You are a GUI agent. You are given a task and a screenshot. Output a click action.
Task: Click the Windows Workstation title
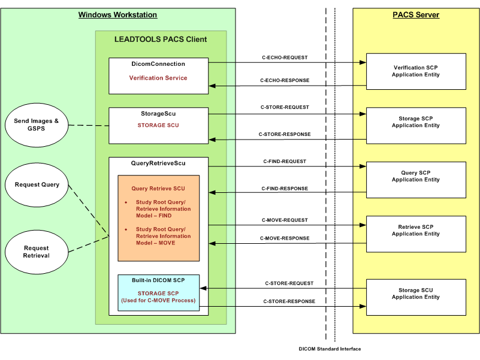click(117, 14)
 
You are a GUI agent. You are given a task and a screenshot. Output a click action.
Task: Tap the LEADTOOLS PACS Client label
click(161, 40)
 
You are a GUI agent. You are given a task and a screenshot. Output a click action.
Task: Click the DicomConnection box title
click(158, 64)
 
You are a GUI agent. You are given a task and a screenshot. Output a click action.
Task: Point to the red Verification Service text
click(158, 78)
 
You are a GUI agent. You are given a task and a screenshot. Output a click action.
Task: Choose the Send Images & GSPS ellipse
click(37, 125)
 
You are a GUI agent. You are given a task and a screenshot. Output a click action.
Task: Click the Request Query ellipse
click(37, 184)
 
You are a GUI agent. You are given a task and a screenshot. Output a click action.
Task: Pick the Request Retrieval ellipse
click(37, 252)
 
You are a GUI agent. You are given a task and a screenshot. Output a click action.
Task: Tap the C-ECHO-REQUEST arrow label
click(285, 58)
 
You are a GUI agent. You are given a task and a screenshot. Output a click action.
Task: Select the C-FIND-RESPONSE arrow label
click(285, 189)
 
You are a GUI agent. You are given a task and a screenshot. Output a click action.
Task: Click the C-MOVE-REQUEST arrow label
click(285, 220)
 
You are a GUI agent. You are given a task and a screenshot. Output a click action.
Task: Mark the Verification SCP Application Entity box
click(415, 71)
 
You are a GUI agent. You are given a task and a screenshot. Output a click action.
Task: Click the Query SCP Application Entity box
click(415, 176)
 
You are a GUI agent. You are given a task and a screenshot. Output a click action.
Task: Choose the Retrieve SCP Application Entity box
click(415, 231)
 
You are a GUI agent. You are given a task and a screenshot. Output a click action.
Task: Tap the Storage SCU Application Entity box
click(415, 294)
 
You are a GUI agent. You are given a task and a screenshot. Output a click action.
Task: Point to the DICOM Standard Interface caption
click(330, 349)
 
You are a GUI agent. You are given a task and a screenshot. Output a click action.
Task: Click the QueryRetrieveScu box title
click(158, 163)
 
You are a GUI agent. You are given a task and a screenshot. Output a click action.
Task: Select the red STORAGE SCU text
click(158, 125)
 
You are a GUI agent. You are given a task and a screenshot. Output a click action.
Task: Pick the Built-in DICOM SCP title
click(158, 280)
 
